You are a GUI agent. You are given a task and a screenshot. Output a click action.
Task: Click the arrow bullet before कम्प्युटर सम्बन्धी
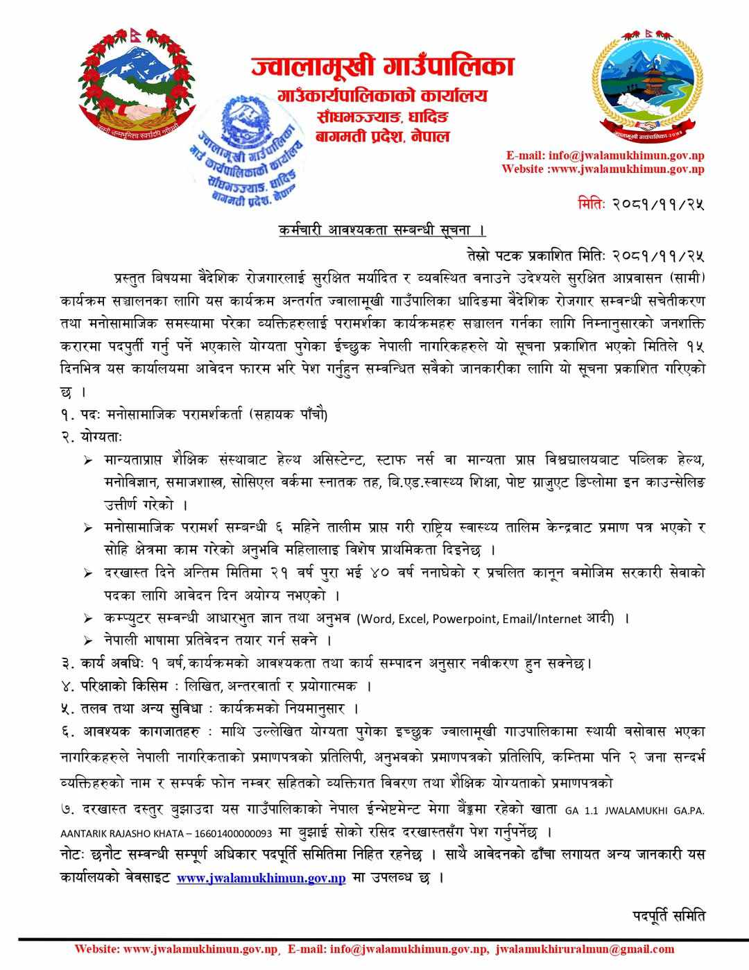click(88, 619)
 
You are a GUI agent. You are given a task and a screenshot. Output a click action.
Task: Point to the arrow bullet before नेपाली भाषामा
click(88, 640)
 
